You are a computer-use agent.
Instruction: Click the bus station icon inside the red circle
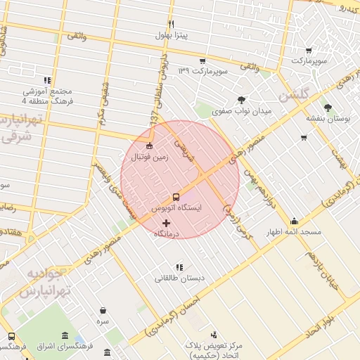point(176,197)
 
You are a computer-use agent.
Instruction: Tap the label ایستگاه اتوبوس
point(176,210)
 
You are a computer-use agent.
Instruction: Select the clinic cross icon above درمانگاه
point(166,223)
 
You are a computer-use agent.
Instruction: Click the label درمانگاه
point(167,233)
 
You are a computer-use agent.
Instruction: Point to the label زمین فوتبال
point(148,157)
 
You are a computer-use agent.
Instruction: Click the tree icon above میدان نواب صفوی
point(243,100)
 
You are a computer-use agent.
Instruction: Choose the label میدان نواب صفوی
point(243,110)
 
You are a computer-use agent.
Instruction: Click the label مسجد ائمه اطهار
point(292,231)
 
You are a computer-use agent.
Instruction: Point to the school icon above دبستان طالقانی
point(180,267)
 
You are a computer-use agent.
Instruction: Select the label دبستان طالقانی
point(180,278)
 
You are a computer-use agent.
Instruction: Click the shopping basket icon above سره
point(103,310)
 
